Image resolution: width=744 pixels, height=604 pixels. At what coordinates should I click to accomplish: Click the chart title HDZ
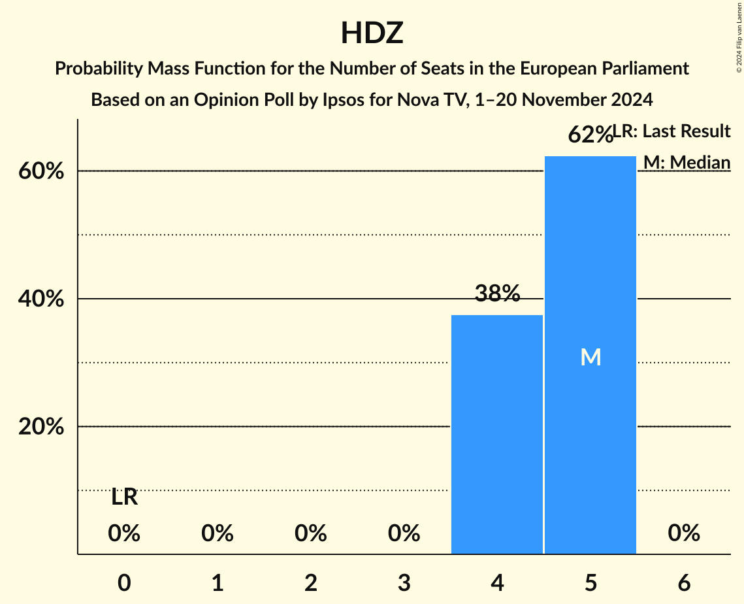372,33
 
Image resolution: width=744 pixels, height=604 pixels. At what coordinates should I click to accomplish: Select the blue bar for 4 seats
497,434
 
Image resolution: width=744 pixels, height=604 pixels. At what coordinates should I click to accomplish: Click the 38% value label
497,294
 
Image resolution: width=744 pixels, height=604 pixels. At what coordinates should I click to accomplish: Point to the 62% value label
590,135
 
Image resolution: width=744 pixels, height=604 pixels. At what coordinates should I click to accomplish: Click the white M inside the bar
590,357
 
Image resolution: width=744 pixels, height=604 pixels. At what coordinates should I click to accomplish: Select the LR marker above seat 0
124,497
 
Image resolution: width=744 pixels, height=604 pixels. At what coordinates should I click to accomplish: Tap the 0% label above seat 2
311,534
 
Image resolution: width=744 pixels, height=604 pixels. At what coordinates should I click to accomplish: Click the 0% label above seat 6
684,534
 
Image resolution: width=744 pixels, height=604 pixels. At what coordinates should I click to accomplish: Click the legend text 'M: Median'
687,162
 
